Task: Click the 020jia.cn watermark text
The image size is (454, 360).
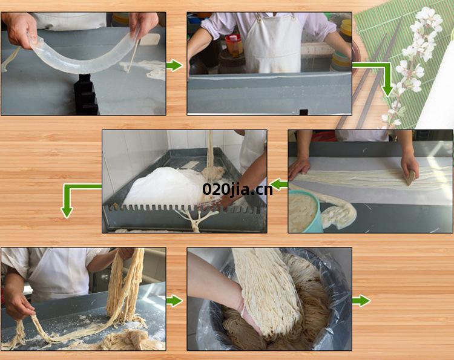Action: coord(237,190)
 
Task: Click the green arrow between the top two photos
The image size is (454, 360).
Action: coord(174,65)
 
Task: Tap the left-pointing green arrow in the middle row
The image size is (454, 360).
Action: coord(279,185)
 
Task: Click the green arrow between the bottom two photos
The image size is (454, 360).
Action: coord(174,301)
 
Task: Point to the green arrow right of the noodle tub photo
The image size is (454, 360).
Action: coord(361,301)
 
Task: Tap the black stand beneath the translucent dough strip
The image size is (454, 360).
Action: coord(86,94)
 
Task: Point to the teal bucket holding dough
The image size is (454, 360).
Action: coord(306,211)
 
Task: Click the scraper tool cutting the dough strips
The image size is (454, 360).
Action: coord(410,177)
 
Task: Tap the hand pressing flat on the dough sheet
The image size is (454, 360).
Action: coord(299,168)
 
